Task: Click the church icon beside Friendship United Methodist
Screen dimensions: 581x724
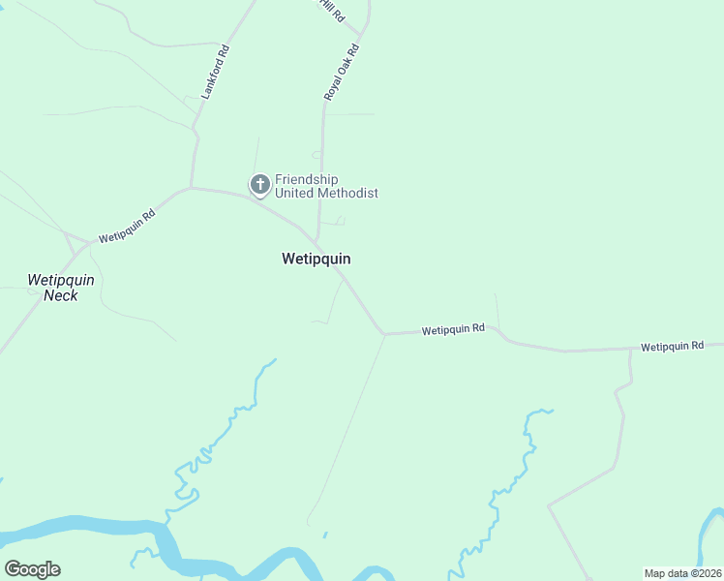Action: (259, 184)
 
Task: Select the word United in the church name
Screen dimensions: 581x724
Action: (295, 194)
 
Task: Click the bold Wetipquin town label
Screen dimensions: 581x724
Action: (316, 259)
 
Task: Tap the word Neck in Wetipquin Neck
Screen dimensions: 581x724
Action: (60, 295)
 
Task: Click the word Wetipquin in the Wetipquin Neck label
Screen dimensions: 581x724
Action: (60, 280)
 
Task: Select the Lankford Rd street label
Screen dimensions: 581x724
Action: (214, 72)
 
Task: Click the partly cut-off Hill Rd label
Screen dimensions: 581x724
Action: (332, 10)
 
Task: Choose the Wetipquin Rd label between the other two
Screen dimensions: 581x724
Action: (453, 330)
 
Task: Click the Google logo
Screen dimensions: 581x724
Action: (32, 569)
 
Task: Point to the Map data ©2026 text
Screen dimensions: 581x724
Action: (681, 573)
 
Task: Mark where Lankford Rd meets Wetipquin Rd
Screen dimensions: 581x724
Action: (192, 187)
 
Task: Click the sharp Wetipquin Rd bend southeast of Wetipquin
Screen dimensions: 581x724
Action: (384, 334)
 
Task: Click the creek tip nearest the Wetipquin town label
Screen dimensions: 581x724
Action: (275, 360)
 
